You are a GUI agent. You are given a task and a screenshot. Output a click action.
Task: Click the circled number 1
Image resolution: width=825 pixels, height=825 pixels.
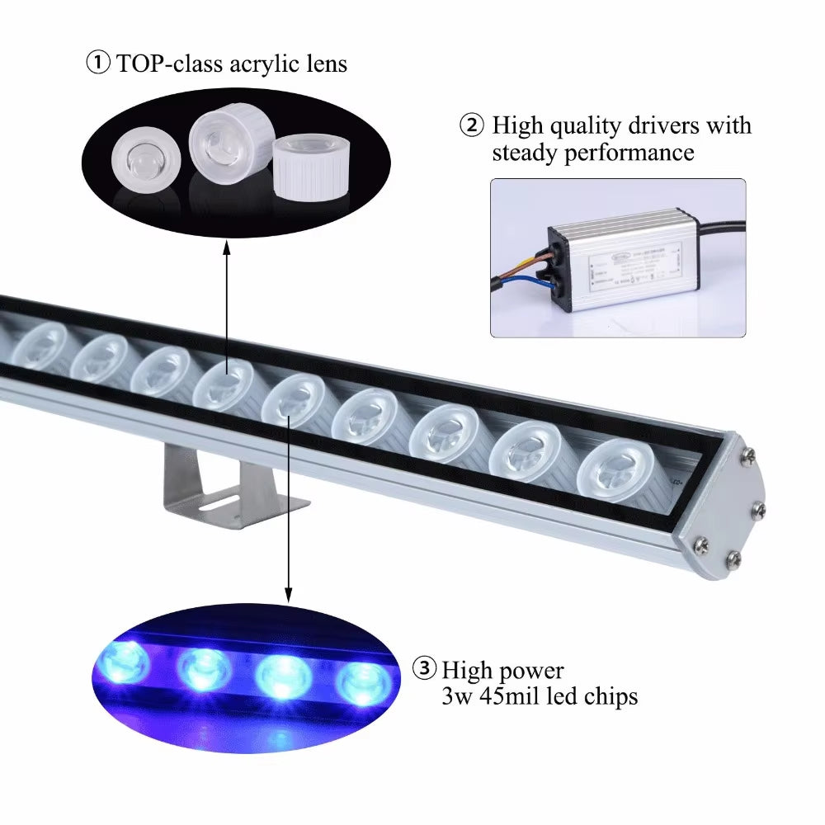[97, 64]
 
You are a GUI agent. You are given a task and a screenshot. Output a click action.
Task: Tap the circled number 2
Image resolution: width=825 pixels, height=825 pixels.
[472, 126]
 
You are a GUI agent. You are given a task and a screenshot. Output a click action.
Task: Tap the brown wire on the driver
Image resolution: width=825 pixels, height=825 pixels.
[520, 266]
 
